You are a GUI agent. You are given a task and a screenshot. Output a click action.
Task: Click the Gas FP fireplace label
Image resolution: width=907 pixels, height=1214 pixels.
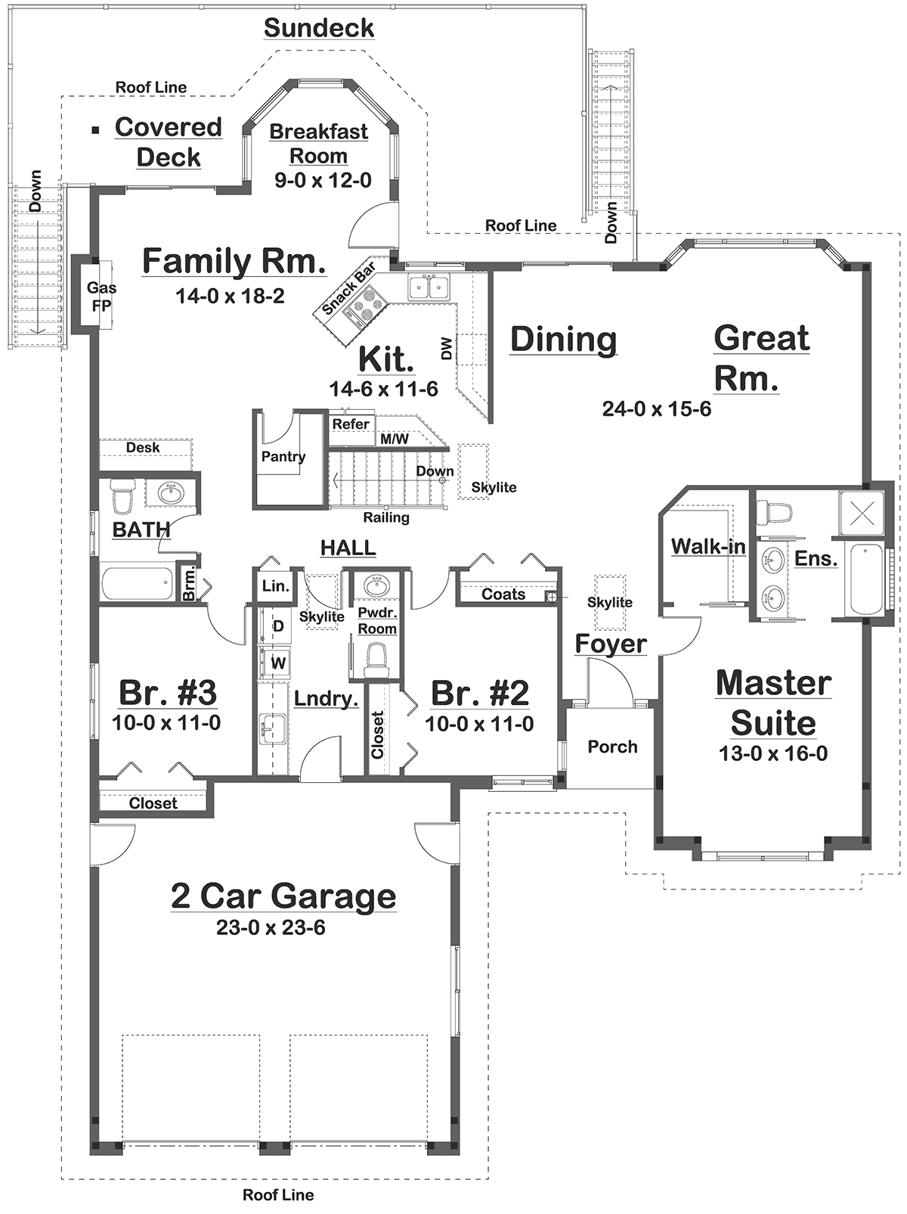(101, 297)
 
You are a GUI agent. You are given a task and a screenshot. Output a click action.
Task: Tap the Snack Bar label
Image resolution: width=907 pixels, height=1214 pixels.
(349, 289)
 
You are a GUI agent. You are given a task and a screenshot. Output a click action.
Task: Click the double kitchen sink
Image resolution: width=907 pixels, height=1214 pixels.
(428, 288)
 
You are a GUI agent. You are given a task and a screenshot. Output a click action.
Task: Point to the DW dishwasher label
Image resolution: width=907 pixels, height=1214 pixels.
(447, 349)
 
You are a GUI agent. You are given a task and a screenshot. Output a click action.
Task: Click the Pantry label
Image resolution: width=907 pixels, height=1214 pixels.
(283, 456)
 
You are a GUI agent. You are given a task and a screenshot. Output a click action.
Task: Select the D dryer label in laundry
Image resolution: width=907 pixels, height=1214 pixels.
(278, 626)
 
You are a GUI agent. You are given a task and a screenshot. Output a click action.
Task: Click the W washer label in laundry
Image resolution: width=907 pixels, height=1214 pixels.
(278, 663)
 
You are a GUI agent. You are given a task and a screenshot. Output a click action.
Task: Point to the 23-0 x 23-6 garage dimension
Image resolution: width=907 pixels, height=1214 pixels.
(271, 927)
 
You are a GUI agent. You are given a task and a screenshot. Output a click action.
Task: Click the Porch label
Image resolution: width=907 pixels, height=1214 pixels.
(612, 747)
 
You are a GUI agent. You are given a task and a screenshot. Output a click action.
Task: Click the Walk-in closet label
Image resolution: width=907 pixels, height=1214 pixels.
(708, 546)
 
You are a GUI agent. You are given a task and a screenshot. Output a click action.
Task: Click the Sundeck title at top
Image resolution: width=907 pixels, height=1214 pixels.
(319, 28)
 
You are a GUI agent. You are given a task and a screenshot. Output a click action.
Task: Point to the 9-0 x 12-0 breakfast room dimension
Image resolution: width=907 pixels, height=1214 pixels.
(323, 180)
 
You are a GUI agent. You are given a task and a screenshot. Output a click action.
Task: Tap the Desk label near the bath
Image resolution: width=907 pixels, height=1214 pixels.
(143, 447)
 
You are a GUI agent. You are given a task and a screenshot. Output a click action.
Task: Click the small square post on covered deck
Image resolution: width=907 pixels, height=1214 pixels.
(95, 129)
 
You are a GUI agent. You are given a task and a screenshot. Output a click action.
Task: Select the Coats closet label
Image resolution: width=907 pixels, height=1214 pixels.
(503, 595)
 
